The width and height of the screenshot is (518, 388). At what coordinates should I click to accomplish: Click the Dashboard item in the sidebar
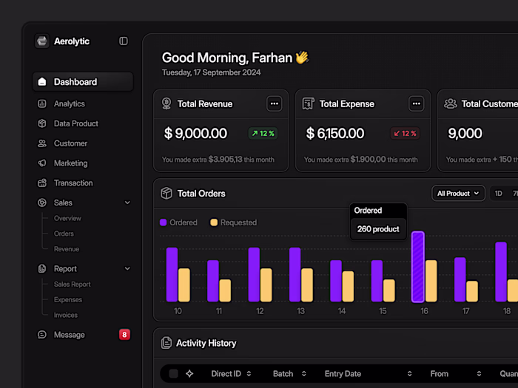tap(75, 82)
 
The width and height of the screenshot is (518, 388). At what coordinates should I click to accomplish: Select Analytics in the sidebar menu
tap(69, 104)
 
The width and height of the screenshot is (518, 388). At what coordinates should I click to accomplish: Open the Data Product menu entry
tap(75, 123)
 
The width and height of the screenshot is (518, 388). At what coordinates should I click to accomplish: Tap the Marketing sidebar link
tap(70, 163)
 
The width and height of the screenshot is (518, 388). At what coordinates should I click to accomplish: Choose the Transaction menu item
tap(73, 183)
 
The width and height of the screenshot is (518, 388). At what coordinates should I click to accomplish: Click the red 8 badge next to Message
tap(124, 335)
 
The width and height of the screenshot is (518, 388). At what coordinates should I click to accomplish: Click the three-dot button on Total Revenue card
tap(275, 104)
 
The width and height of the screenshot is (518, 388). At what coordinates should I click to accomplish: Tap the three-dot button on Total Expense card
tap(417, 104)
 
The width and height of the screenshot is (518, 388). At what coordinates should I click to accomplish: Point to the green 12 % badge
tap(263, 134)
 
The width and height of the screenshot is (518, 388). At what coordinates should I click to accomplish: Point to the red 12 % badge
tap(405, 134)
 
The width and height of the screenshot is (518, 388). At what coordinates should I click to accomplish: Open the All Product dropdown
tap(458, 194)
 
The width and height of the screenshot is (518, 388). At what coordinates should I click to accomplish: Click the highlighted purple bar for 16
tap(417, 266)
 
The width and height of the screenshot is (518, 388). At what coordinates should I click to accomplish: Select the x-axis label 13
tap(300, 311)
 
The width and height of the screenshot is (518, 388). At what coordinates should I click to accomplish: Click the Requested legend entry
tap(233, 222)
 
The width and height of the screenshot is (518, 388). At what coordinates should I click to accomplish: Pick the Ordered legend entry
tap(179, 222)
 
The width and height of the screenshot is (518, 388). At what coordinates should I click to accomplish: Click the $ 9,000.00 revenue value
tap(195, 134)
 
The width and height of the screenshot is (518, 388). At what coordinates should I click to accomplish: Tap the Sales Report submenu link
tap(73, 285)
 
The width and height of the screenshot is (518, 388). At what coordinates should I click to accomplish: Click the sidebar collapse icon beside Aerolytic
tap(124, 41)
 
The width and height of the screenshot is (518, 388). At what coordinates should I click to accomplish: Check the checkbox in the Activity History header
tap(173, 374)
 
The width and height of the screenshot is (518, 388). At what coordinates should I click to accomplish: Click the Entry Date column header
tap(343, 374)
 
